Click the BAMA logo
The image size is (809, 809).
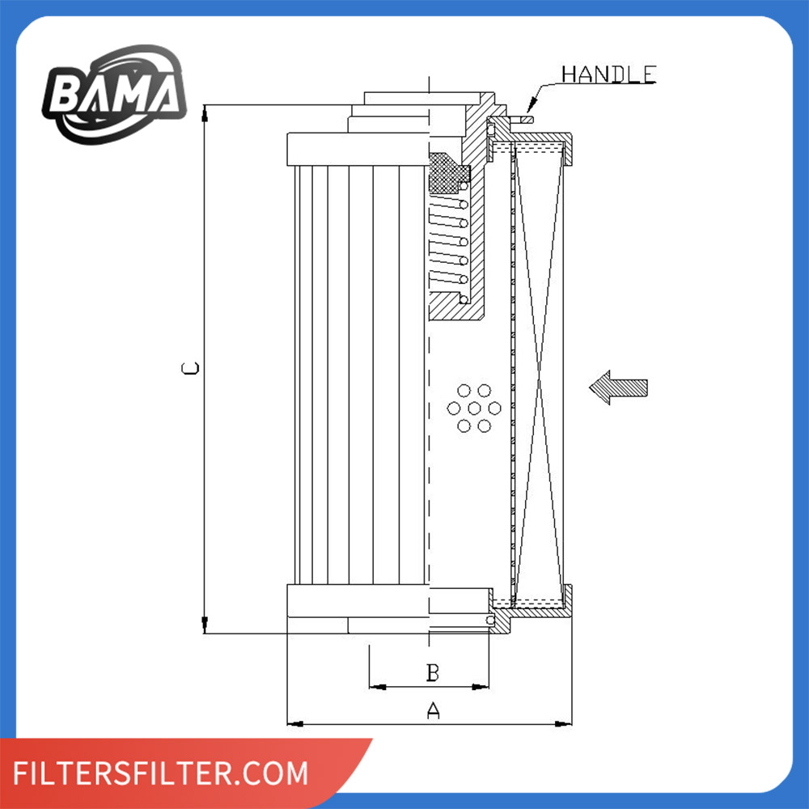click(115, 91)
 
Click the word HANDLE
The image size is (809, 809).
click(608, 74)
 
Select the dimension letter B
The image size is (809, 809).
click(433, 671)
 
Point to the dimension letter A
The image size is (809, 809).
click(434, 711)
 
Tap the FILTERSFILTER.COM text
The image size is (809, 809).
click(162, 773)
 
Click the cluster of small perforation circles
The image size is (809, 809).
click(474, 407)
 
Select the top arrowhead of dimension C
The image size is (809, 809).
click(205, 112)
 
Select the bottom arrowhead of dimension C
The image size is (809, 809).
click(205, 625)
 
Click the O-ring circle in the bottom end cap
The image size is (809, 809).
click(491, 619)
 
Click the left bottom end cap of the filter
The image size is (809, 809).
click(356, 601)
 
